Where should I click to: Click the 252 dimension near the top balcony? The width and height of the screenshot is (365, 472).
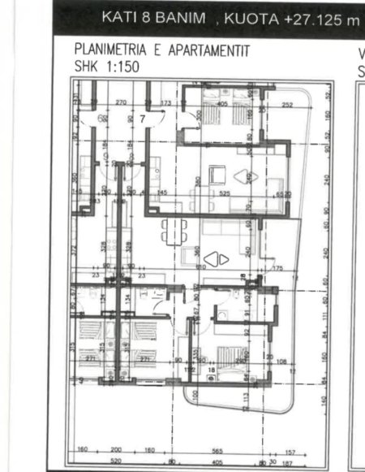click(287, 105)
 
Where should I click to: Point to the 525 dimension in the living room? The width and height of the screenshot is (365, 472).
click(225, 193)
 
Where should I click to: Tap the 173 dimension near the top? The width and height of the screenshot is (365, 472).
click(166, 103)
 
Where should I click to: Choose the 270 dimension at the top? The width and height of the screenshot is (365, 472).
click(121, 103)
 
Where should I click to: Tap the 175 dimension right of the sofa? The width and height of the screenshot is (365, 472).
click(278, 267)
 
